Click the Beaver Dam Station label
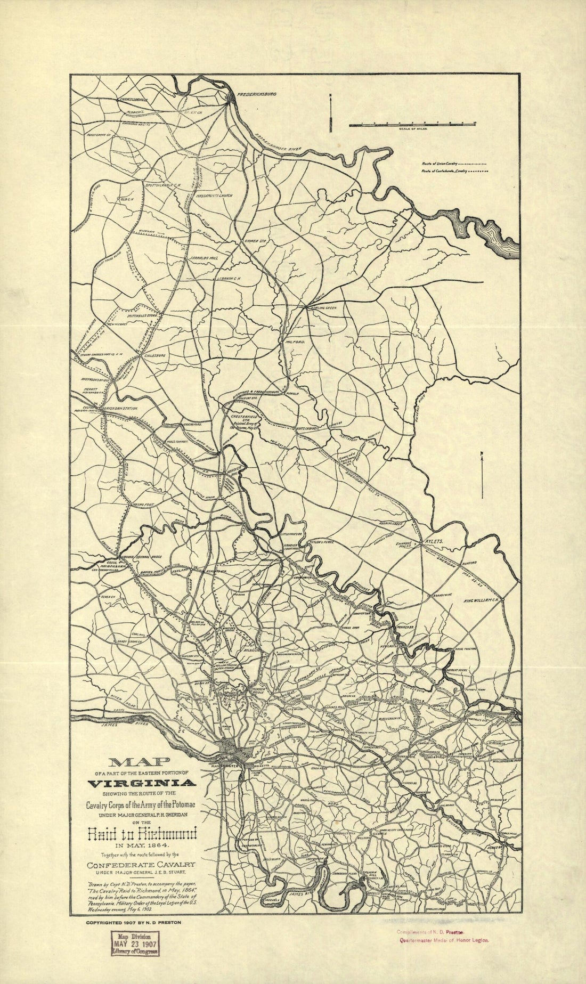(120, 408)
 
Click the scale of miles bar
(412, 125)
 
